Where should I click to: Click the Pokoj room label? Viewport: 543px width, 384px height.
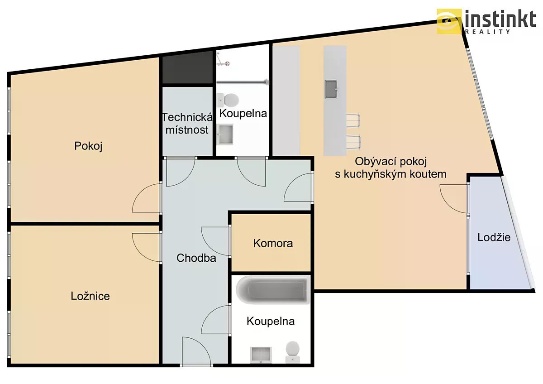(x=88, y=146)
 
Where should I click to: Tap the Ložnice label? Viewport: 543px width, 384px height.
(x=90, y=296)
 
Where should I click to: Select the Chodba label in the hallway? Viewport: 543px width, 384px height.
(x=196, y=258)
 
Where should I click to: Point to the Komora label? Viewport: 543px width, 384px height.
(x=273, y=243)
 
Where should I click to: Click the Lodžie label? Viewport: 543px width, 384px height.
(x=494, y=237)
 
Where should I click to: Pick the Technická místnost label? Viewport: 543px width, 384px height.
(x=187, y=124)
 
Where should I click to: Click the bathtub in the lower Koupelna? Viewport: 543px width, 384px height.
(x=273, y=290)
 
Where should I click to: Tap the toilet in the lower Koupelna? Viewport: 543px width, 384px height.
(x=293, y=351)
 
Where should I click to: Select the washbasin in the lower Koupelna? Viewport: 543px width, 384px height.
(x=261, y=355)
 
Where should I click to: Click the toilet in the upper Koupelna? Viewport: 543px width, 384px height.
(x=228, y=100)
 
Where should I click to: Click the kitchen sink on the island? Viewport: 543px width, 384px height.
(x=331, y=89)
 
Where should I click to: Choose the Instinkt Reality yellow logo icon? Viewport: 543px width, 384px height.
(x=449, y=21)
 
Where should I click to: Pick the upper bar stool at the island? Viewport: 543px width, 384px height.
(x=353, y=120)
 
